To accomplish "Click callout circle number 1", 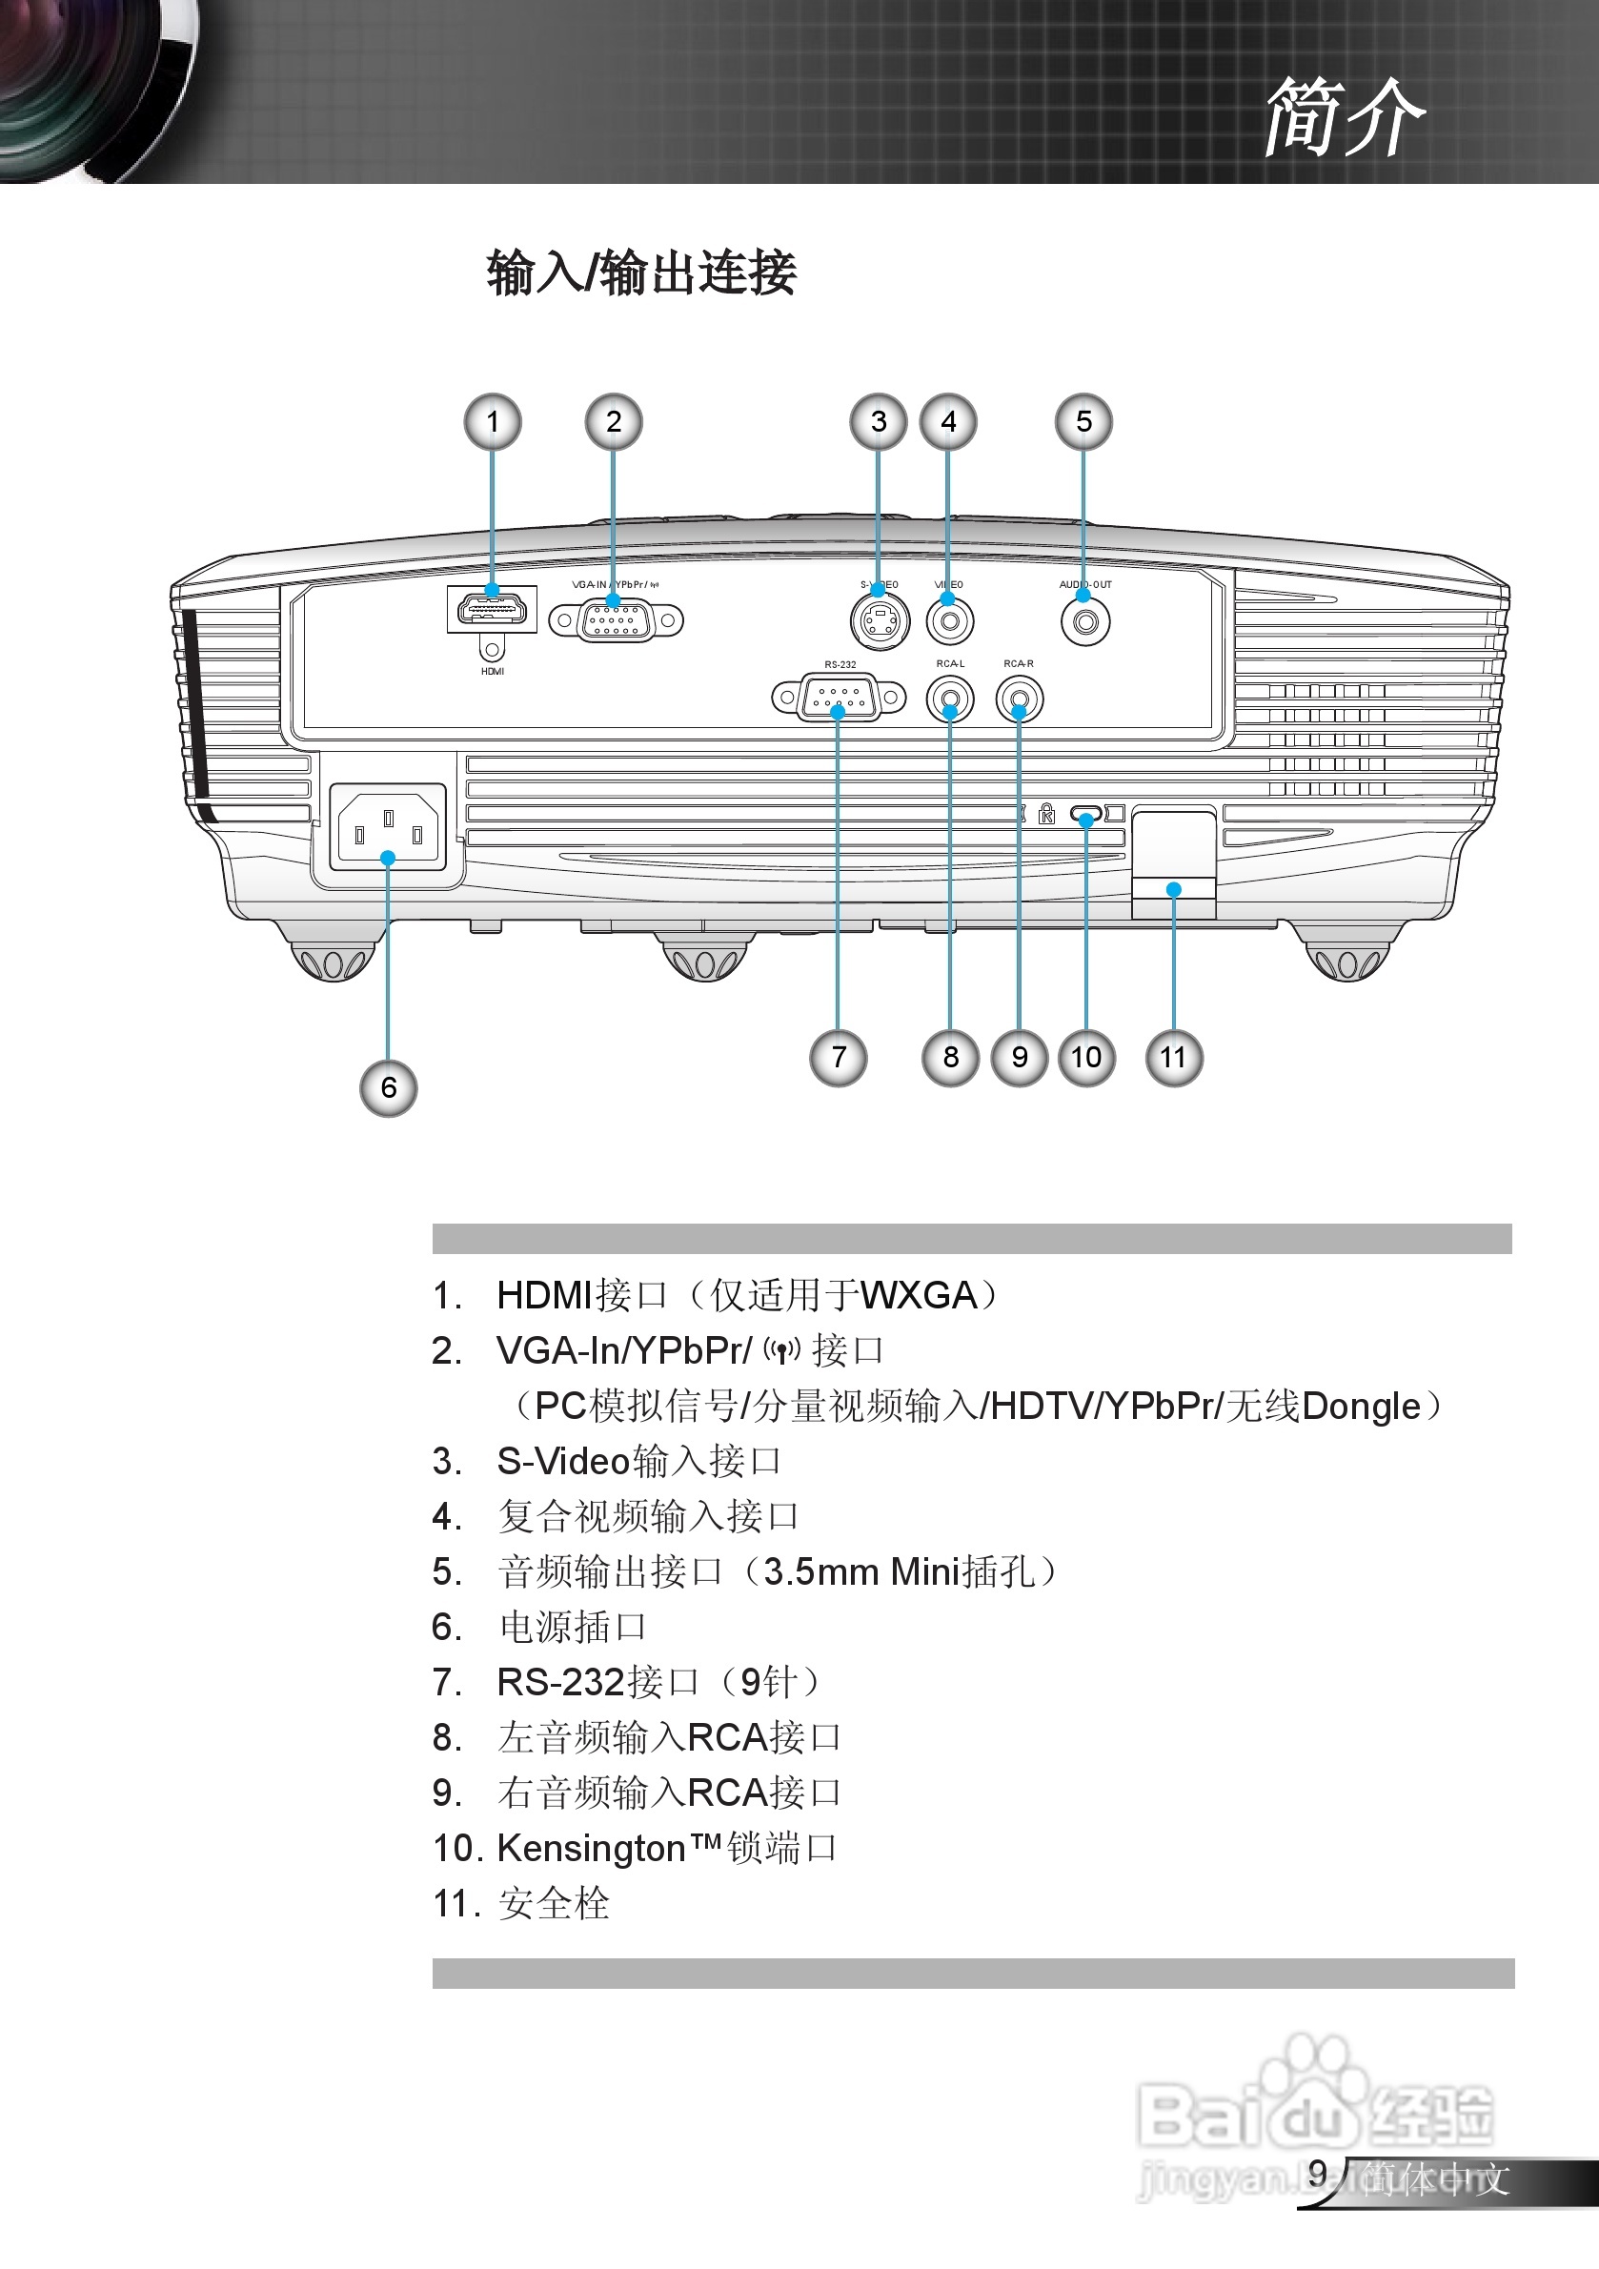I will coord(492,422).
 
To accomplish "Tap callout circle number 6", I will coord(388,1088).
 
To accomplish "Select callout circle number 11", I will coord(1173,1058).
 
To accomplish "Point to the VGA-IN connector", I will coord(615,620).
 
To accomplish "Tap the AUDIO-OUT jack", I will coord(1085,622).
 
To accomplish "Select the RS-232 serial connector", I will coord(838,698).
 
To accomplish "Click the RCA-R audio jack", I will coord(1019,699).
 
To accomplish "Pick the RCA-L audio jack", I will coord(950,699).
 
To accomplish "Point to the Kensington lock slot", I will coord(1085,817).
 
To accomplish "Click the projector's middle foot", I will coord(705,958).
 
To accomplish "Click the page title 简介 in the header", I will coord(1344,116).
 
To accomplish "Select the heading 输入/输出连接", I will coord(640,273).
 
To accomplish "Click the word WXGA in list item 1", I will coord(918,1294).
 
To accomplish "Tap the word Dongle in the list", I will coord(1361,1407).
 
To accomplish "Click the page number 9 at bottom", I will coord(1317,2172).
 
